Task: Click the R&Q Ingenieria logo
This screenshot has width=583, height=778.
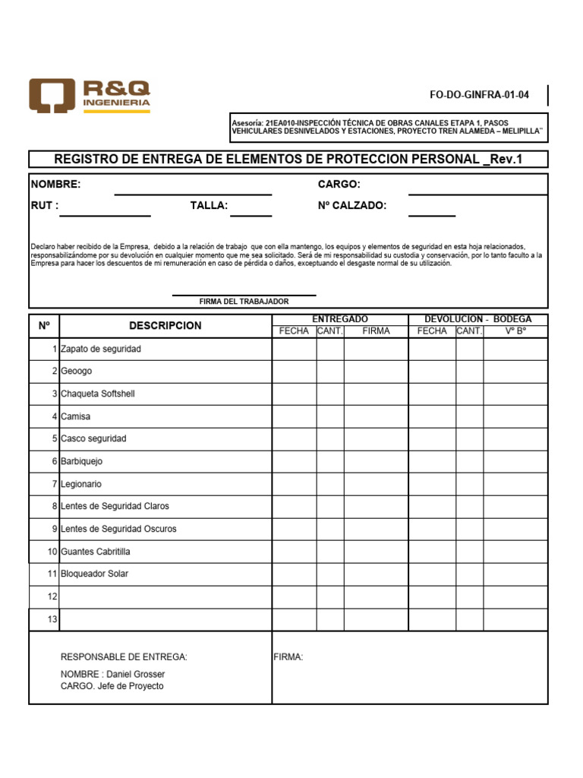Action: (x=90, y=96)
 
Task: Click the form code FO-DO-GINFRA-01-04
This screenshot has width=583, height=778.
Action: (x=479, y=95)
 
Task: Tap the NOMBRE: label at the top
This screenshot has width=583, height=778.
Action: (x=55, y=185)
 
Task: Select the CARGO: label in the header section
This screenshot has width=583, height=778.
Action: (x=339, y=185)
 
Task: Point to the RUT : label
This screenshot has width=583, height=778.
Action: (x=45, y=205)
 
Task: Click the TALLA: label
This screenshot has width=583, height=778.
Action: (x=209, y=205)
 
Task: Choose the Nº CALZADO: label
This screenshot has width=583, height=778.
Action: (x=351, y=205)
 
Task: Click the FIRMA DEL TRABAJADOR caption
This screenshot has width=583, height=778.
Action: (x=244, y=302)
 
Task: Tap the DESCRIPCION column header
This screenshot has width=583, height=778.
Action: (x=165, y=325)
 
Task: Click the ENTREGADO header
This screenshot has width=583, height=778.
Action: (x=340, y=319)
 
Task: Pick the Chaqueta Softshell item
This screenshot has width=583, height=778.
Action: (x=98, y=394)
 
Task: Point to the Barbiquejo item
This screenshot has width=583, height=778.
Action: (x=82, y=461)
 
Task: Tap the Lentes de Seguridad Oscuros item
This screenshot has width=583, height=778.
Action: (x=118, y=529)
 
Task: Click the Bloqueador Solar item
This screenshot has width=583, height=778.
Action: (x=95, y=574)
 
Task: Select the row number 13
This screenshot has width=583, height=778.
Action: (x=52, y=619)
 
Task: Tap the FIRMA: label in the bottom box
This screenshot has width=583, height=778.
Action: (x=288, y=657)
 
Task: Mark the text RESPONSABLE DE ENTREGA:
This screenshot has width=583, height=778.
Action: (x=124, y=657)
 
